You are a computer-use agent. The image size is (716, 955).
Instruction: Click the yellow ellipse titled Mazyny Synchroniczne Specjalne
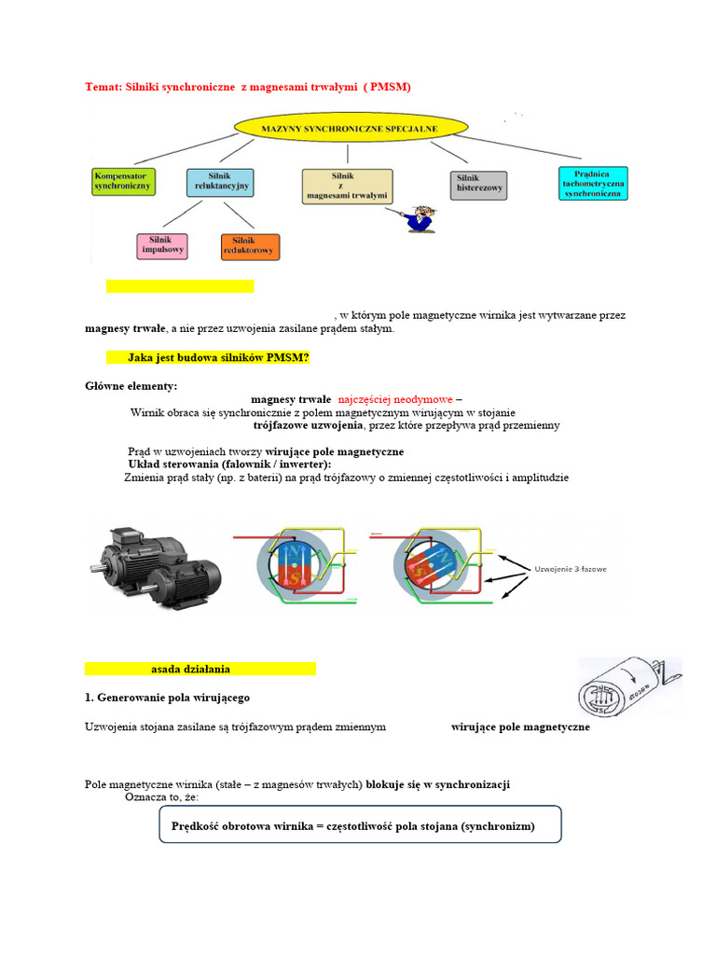(351, 127)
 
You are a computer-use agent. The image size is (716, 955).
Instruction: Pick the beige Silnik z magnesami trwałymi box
(347, 186)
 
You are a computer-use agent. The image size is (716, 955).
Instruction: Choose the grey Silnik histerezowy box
(479, 185)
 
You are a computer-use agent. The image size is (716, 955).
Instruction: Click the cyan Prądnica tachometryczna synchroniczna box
(593, 183)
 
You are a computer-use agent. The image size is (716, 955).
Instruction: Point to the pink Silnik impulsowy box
(162, 245)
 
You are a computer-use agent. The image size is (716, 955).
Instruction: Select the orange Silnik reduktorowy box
(250, 246)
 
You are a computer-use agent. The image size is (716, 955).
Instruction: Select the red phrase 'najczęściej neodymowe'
(395, 399)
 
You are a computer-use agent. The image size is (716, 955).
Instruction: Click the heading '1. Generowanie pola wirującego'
(167, 698)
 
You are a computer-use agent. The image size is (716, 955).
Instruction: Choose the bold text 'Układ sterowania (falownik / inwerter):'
(228, 464)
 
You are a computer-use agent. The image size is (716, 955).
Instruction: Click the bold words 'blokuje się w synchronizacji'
(437, 784)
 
